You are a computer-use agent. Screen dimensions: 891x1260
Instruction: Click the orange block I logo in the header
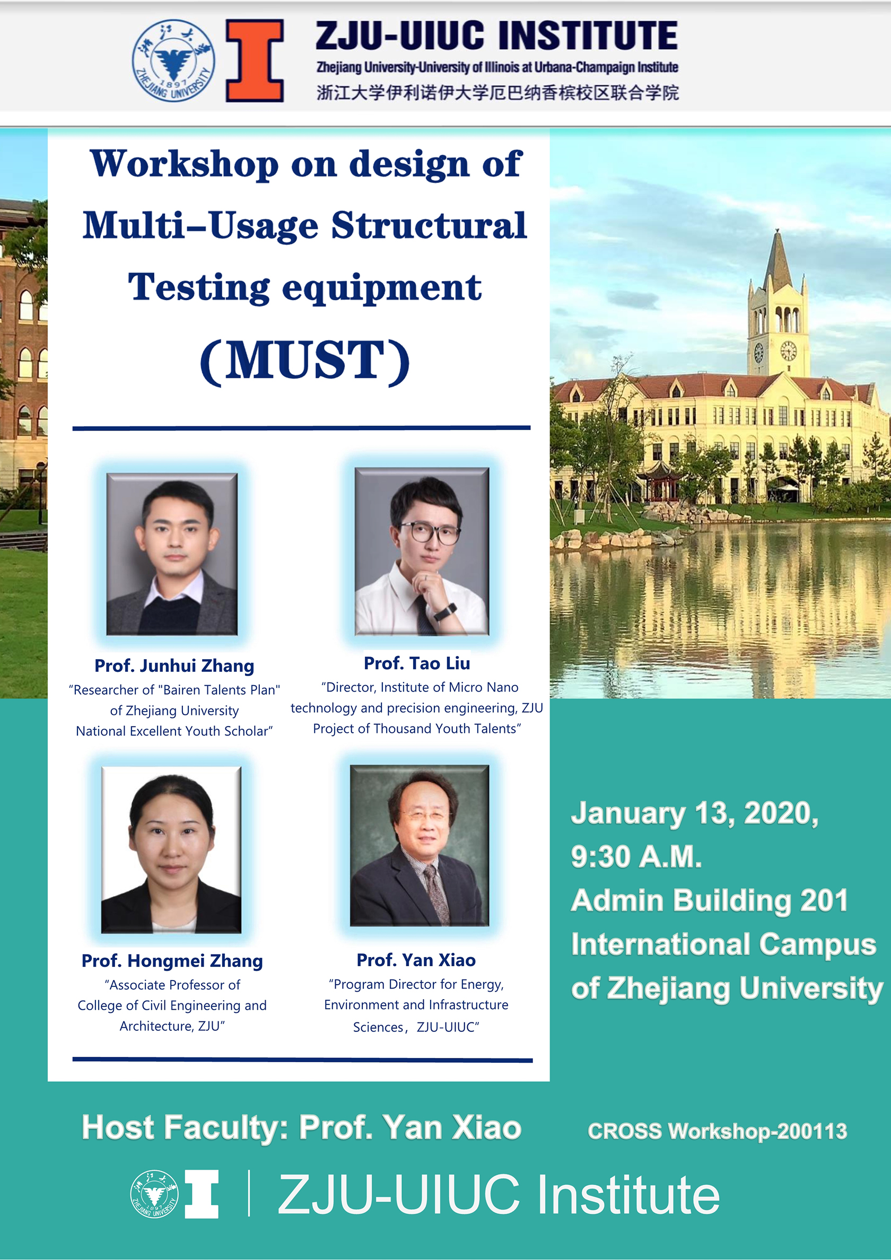point(255,60)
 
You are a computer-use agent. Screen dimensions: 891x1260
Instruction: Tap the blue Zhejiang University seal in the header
point(173,60)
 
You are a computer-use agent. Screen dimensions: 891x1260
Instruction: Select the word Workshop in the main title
point(185,164)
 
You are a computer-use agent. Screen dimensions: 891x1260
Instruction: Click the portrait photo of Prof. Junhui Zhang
point(172,554)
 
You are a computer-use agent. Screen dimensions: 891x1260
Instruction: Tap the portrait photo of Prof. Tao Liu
point(422,551)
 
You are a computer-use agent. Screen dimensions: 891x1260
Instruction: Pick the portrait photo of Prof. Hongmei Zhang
point(171,850)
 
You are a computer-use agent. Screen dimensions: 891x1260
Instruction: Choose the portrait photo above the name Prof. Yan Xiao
point(420,846)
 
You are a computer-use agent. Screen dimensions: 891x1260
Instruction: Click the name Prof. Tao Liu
point(417,663)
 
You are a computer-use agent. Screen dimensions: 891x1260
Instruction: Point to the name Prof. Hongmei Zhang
point(172,960)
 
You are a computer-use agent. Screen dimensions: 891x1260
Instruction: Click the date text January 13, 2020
point(695,813)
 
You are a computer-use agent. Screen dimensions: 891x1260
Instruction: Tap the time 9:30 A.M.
point(636,856)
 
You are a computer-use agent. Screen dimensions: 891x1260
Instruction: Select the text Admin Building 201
point(709,900)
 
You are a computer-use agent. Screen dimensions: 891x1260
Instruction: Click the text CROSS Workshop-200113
point(718,1131)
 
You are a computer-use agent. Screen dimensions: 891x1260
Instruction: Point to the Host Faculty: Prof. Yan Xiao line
point(301,1128)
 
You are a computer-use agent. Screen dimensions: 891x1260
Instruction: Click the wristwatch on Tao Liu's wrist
point(445,611)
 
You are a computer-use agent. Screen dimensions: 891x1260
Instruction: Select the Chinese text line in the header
point(497,92)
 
